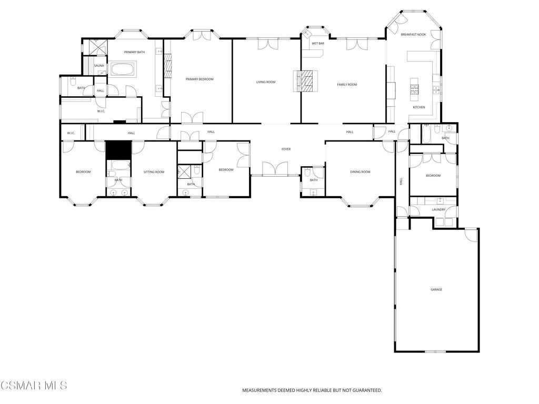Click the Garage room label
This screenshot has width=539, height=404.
(436, 289)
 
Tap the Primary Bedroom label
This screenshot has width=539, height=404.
(199, 79)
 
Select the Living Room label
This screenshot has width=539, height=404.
(266, 82)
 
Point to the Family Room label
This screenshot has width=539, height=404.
(347, 85)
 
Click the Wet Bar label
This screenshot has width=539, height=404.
(318, 43)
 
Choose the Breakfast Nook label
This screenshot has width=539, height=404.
(413, 35)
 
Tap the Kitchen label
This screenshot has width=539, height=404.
(419, 107)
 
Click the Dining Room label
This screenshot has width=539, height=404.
(361, 172)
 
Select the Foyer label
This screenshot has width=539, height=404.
(286, 149)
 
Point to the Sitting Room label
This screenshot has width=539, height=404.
(154, 172)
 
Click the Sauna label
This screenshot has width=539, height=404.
(99, 66)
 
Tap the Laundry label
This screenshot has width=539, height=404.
(438, 210)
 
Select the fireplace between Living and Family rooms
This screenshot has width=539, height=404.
(306, 81)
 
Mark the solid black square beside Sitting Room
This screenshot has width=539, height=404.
(118, 150)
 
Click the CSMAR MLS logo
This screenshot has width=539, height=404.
(34, 386)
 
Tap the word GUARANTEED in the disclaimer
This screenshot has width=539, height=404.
(364, 390)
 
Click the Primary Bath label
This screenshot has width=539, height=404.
(134, 52)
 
